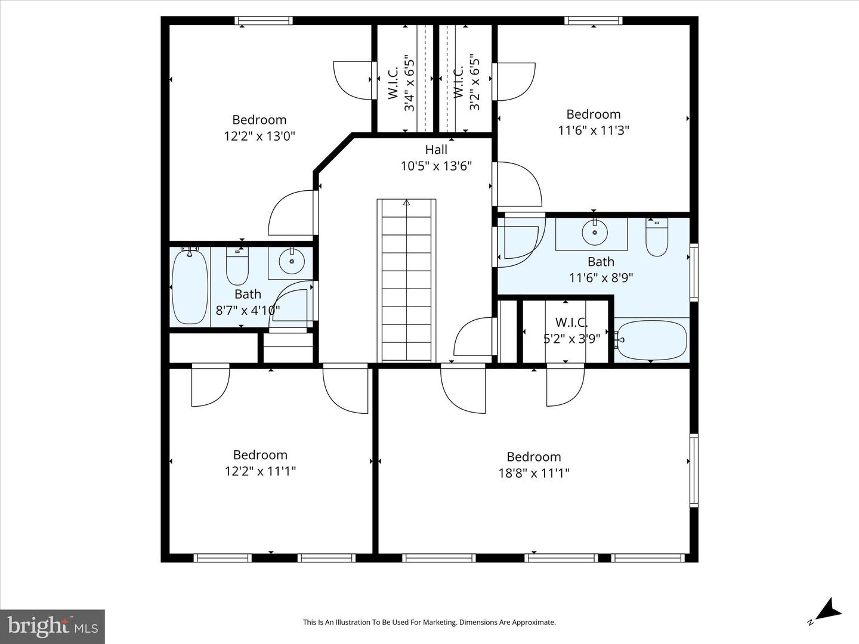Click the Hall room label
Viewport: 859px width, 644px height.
click(x=436, y=150)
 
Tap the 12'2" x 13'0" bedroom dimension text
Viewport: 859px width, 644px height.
click(x=259, y=136)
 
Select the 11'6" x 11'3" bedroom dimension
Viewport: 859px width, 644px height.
click(x=594, y=130)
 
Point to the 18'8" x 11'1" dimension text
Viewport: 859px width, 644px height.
click(x=534, y=473)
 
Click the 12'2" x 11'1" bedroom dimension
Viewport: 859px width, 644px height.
click(x=260, y=471)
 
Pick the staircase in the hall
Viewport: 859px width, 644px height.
click(x=406, y=280)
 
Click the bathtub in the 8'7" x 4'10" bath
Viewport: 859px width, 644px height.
click(x=190, y=287)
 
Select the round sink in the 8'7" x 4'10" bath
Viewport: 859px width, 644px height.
click(x=292, y=262)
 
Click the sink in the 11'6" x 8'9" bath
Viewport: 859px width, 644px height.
click(x=594, y=233)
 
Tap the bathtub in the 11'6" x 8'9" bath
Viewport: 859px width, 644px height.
click(x=651, y=340)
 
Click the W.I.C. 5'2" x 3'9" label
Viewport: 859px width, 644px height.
click(x=571, y=330)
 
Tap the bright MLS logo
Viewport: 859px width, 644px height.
click(x=52, y=626)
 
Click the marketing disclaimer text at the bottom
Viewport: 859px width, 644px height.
click(x=429, y=622)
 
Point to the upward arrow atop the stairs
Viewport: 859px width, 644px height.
click(x=406, y=203)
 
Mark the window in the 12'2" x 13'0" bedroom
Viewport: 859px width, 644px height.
click(x=263, y=21)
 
